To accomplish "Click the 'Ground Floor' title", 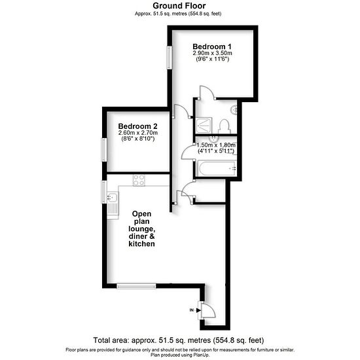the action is point(179,6).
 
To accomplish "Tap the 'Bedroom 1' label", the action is point(212,46).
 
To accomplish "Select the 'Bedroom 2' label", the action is point(137,126).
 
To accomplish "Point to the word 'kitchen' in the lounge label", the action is point(141,244).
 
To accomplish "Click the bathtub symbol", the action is point(217,168).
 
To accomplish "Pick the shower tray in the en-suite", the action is point(204,126).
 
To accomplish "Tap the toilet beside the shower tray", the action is point(224,126).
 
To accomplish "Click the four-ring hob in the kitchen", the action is point(139,180).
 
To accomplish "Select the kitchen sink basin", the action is point(113,197).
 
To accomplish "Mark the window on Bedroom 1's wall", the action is point(170,58).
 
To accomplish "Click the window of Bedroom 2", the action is point(104,149).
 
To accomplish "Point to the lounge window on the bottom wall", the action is point(136,286).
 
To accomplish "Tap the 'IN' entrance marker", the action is point(192,310).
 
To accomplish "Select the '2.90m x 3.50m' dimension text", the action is point(212,53).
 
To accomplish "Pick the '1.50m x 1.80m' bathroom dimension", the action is point(216,145).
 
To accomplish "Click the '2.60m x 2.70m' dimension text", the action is point(138,133).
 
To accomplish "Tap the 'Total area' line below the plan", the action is point(179,340).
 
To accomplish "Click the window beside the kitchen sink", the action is point(104,192).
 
